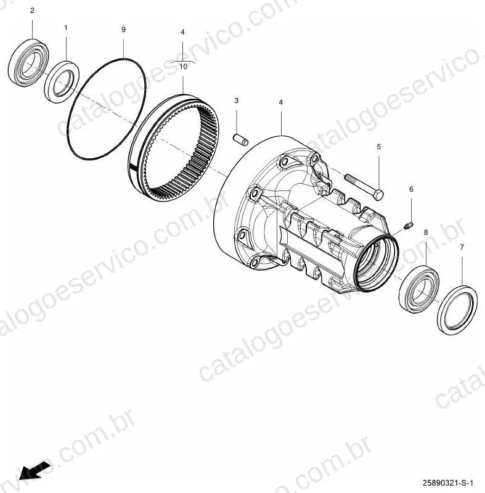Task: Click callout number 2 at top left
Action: point(32,10)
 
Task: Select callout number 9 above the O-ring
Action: point(123,29)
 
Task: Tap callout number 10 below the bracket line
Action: point(183,67)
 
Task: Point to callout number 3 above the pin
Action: point(237,100)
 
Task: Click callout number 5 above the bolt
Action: point(379,147)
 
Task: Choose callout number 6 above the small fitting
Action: point(411,189)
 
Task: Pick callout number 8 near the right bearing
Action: point(426,232)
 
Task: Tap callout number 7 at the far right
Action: point(462,248)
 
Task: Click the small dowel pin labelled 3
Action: point(241,140)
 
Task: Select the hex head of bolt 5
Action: point(378,195)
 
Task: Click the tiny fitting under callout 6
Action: point(409,225)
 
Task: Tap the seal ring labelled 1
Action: point(62,82)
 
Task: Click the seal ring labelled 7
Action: point(457,310)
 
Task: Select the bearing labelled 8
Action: point(419,289)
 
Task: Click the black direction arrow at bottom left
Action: point(34,471)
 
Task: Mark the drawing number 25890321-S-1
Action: point(447,483)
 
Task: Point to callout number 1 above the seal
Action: point(66,28)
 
